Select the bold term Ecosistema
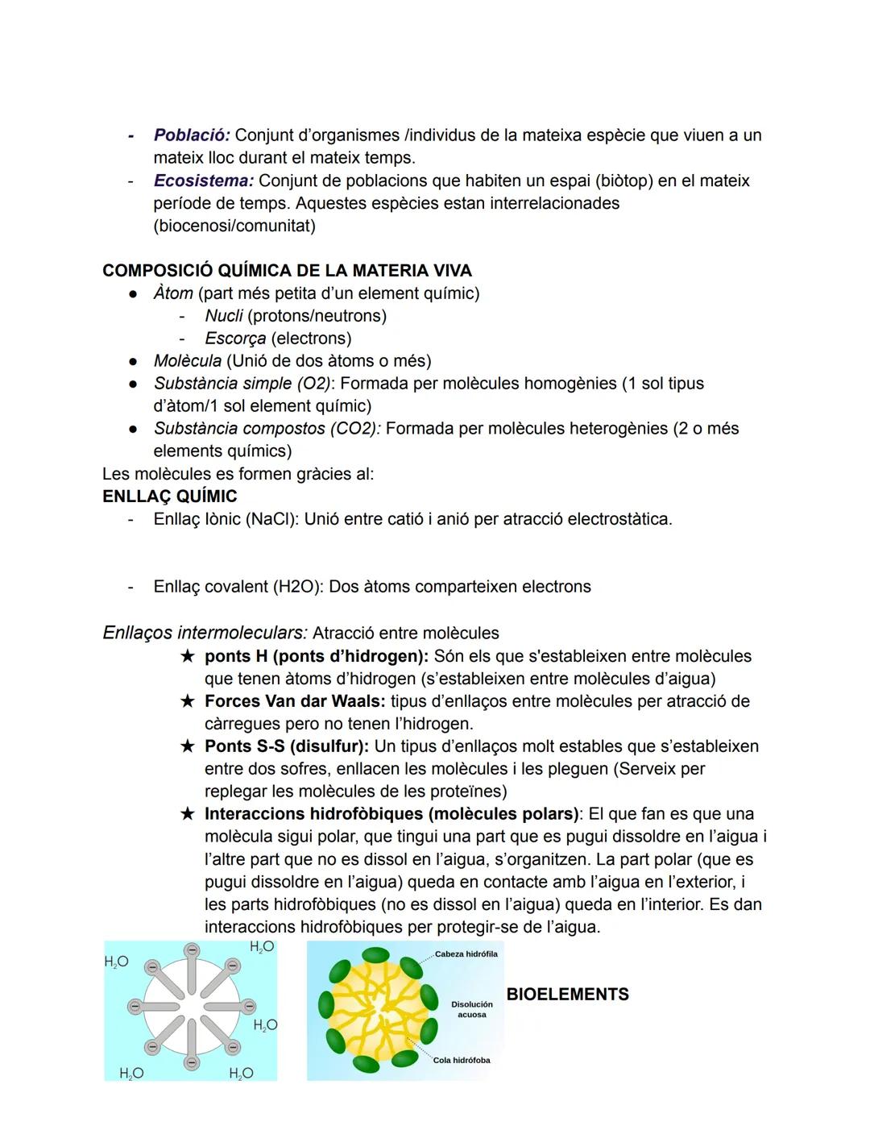203,181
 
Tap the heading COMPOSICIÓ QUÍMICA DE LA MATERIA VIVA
287,271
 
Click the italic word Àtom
173,293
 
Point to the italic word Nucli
223,316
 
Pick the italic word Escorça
234,339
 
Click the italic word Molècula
187,361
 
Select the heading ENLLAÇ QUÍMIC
170,497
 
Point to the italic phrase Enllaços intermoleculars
205,634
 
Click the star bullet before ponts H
187,656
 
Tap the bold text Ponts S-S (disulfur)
286,746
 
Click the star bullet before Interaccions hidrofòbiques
187,814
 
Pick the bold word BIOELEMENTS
567,995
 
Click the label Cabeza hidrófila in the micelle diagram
466,954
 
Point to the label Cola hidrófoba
462,1061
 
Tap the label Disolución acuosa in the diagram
472,1010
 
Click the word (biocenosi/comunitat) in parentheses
234,226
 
